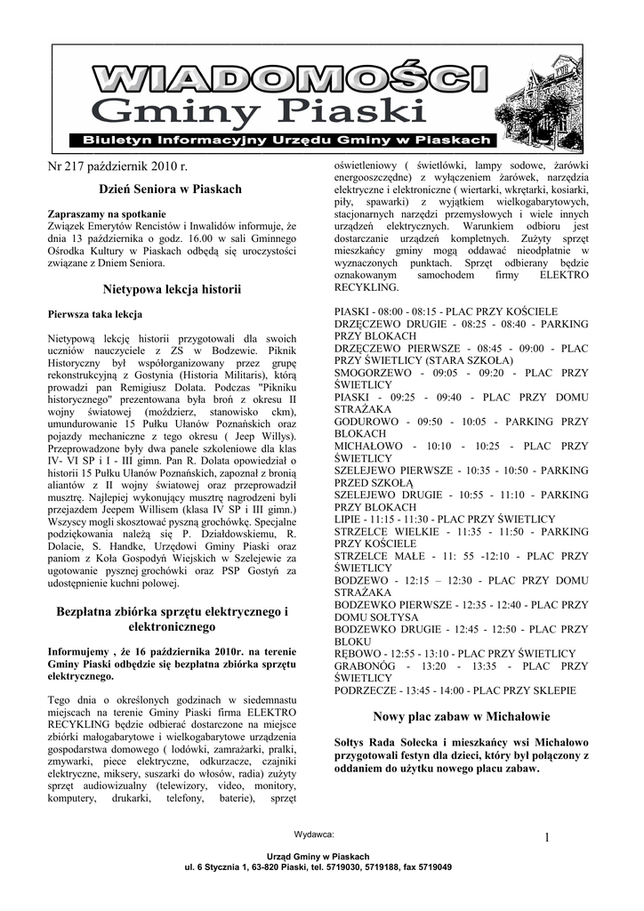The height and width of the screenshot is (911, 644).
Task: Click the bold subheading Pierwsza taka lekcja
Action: (94, 314)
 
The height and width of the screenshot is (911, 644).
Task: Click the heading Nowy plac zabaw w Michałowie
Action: (461, 716)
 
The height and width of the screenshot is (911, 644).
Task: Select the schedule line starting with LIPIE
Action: (445, 519)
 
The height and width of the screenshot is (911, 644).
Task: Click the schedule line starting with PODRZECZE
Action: (455, 690)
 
